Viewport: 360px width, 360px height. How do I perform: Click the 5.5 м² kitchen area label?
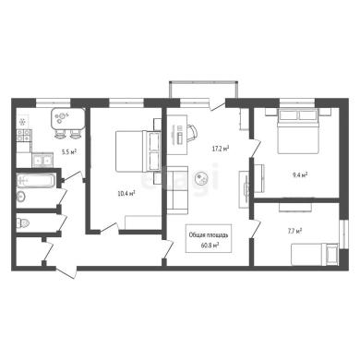pyautogui.click(x=69, y=151)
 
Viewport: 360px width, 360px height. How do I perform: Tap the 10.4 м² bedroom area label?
pyautogui.click(x=126, y=194)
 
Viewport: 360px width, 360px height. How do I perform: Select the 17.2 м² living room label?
pyautogui.click(x=221, y=149)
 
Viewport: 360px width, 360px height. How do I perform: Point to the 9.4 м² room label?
pyautogui.click(x=300, y=175)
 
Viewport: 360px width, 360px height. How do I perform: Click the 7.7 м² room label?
pyautogui.click(x=294, y=231)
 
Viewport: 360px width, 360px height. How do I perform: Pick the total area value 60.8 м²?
pyautogui.click(x=209, y=246)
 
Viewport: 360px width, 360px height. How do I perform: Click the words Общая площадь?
pyautogui.click(x=209, y=235)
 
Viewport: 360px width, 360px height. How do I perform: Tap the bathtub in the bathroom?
pyautogui.click(x=36, y=180)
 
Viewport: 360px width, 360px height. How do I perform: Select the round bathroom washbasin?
pyautogui.click(x=21, y=196)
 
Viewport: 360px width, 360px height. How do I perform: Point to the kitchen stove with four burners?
pyautogui.click(x=24, y=136)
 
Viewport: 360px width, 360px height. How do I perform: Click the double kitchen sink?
pyautogui.click(x=42, y=160)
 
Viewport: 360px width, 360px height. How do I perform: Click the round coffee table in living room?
pyautogui.click(x=202, y=178)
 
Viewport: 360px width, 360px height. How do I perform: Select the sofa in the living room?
pyautogui.click(x=177, y=190)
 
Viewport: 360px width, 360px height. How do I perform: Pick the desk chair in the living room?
pyautogui.click(x=191, y=133)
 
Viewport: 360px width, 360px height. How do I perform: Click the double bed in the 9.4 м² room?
pyautogui.click(x=298, y=131)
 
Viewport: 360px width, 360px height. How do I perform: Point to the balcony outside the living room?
pyautogui.click(x=203, y=90)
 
